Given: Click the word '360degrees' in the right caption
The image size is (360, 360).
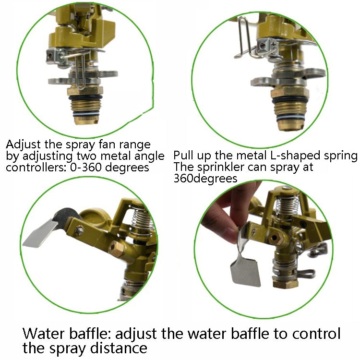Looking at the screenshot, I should (205, 179).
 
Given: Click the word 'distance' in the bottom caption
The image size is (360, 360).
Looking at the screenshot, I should (120, 347).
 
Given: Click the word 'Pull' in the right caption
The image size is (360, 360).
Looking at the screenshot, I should (183, 156).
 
